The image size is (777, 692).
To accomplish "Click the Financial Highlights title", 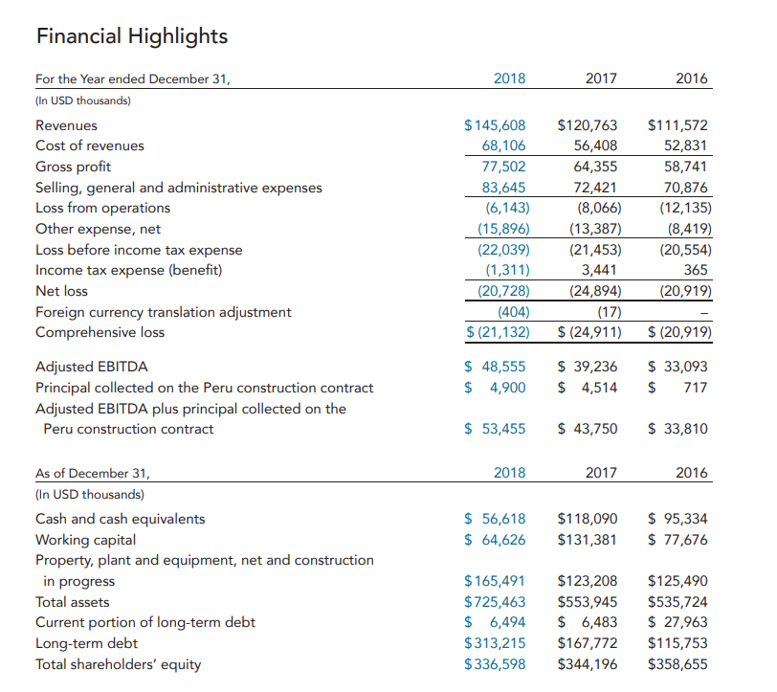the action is [x=132, y=36].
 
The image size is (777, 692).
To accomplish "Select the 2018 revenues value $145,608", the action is [x=495, y=125].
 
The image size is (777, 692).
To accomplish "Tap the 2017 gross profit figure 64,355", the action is [x=595, y=167].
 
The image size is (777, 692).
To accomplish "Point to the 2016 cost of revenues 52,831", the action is [x=686, y=145].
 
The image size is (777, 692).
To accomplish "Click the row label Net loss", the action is [x=61, y=291].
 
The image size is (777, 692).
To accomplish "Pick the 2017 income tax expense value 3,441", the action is [x=599, y=270].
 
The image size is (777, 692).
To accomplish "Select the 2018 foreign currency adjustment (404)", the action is [x=513, y=312].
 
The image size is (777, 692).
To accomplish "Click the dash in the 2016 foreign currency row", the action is [x=704, y=313].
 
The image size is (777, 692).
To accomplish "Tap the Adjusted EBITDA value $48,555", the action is [x=495, y=367].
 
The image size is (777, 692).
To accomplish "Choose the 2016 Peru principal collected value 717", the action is [x=696, y=387].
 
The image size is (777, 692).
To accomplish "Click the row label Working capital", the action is [x=86, y=540].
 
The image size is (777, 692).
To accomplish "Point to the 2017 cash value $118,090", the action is [x=588, y=519].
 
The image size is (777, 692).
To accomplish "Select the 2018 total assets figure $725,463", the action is [x=495, y=602].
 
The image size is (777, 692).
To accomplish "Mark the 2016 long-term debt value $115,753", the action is [x=677, y=643].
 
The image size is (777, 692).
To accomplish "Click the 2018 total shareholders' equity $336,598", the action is [x=495, y=663].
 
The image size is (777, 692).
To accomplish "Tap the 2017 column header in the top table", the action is [x=601, y=78].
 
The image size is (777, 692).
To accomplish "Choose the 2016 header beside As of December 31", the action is [x=692, y=473].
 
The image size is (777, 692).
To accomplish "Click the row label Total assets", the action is [x=73, y=602].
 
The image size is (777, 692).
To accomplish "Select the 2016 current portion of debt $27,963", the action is [x=677, y=622].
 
